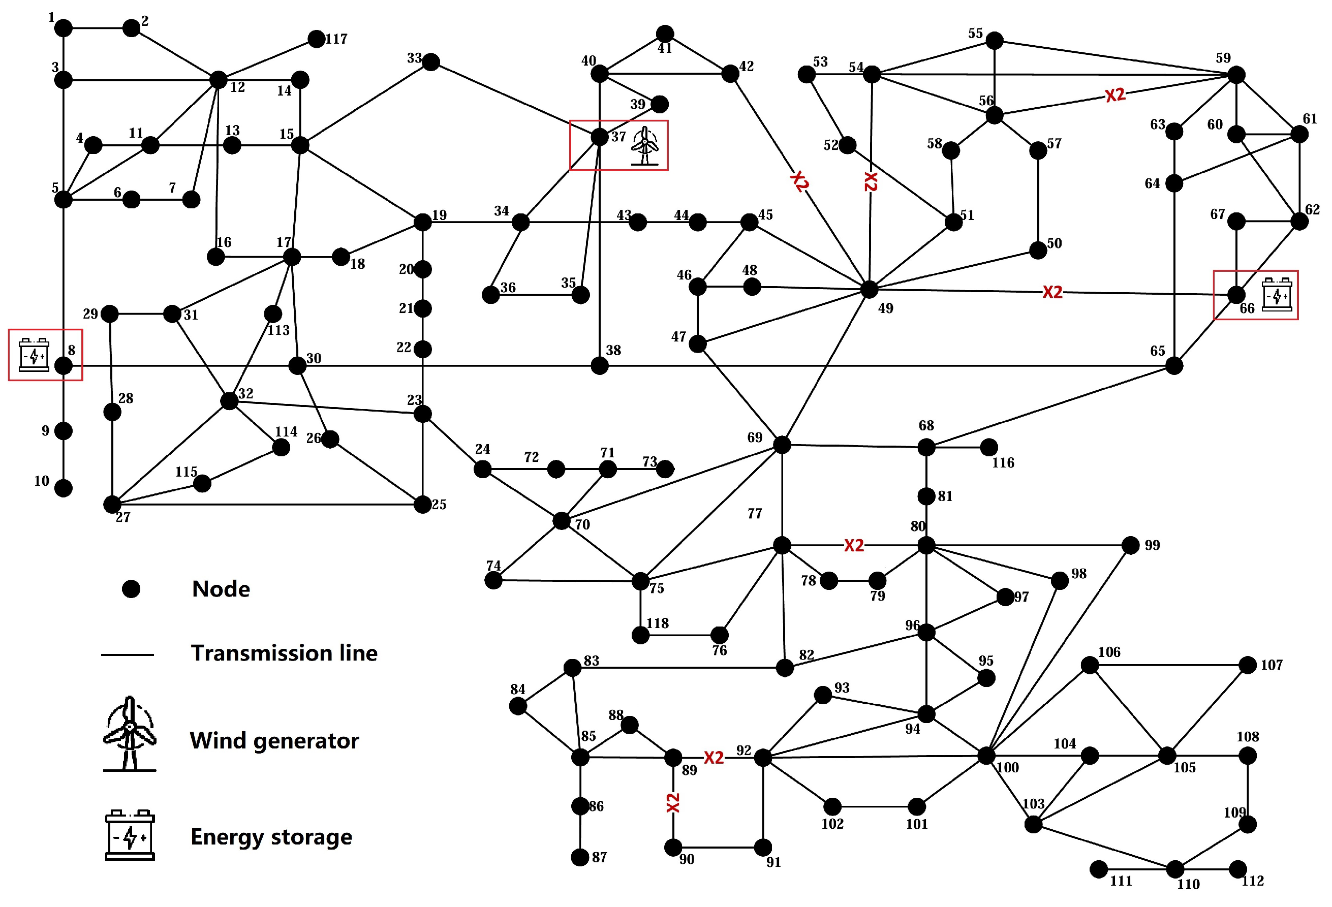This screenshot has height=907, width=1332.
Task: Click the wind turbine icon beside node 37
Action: coord(645,146)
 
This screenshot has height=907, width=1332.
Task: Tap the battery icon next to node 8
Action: coord(34,355)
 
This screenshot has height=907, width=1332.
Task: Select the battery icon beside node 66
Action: coord(1277,295)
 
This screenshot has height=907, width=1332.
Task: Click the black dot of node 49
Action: coord(869,289)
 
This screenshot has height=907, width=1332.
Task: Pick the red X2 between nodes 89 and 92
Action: coord(714,758)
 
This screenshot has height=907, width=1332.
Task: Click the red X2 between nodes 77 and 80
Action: coord(853,545)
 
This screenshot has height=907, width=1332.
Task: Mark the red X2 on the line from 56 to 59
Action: coord(1115,95)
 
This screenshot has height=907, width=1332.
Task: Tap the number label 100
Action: coord(1008,768)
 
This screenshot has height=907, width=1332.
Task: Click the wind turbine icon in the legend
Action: coord(130,734)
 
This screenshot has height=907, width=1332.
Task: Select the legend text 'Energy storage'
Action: coord(271,837)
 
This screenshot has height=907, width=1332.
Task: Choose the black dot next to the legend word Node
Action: coord(131,588)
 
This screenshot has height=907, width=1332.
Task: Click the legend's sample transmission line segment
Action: coord(127,654)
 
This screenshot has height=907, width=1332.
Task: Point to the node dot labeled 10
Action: coord(63,488)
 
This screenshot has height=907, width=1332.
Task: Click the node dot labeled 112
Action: coord(1238,868)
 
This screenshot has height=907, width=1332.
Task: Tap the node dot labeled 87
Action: coord(580,857)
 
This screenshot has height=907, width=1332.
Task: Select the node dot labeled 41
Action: coord(665,33)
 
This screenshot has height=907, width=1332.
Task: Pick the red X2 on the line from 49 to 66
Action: coord(1052,292)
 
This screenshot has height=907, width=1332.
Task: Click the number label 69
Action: coord(754,437)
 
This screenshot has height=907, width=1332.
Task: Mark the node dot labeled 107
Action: coord(1248,665)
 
